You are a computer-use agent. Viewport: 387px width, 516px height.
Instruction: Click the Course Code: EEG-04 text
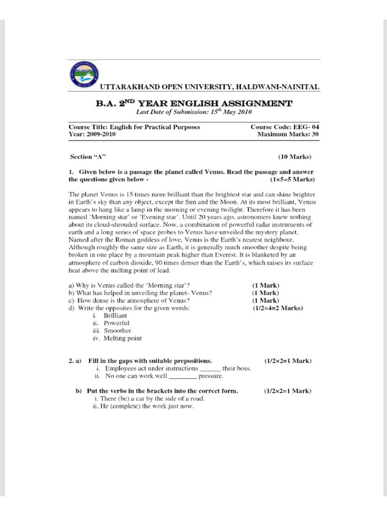pos(284,127)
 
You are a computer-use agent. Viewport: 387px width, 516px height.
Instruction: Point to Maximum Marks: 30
pos(288,135)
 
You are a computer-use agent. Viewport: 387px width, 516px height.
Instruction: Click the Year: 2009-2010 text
pos(92,135)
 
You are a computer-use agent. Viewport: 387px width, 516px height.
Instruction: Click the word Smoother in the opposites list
pos(117,331)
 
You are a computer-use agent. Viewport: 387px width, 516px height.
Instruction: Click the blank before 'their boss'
pos(210,369)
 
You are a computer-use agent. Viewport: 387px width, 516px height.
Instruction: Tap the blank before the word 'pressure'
pos(182,376)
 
